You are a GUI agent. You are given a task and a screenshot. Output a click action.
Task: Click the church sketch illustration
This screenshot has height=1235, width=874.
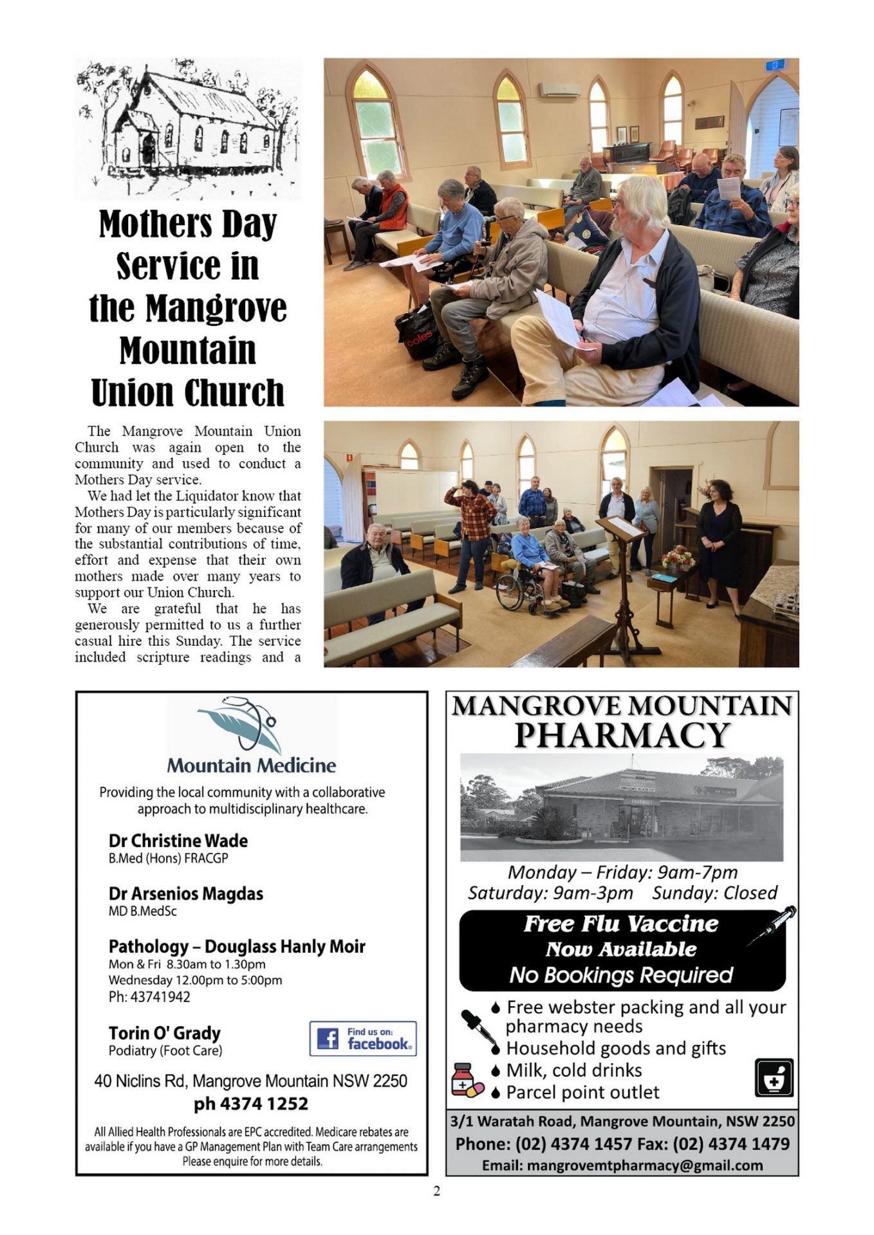tap(187, 129)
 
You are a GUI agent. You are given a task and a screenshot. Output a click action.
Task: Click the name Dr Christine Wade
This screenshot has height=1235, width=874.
tap(178, 841)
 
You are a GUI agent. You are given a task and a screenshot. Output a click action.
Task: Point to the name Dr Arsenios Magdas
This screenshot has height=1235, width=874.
tap(185, 894)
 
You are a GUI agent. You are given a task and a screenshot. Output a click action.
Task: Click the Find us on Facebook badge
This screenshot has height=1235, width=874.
tap(363, 1039)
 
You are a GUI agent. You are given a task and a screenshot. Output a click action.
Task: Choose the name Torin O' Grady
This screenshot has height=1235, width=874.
tap(164, 1033)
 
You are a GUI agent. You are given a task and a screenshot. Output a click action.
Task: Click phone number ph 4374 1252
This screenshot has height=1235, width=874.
tap(251, 1104)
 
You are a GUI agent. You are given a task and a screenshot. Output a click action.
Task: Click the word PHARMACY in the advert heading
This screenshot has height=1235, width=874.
tap(622, 735)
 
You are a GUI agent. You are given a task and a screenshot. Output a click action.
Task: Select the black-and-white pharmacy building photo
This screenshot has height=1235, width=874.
tap(622, 807)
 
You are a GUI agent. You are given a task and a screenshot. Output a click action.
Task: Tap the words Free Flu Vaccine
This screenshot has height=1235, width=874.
tap(620, 924)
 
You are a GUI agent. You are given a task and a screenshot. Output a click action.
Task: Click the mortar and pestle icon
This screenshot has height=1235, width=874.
tap(774, 1078)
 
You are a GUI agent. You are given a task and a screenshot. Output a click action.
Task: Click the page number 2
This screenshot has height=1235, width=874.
tap(437, 1191)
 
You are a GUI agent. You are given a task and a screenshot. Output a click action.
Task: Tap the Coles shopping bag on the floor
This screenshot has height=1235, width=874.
tap(418, 333)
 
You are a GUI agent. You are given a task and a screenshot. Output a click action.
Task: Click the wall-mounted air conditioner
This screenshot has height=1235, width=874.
tap(559, 90)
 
